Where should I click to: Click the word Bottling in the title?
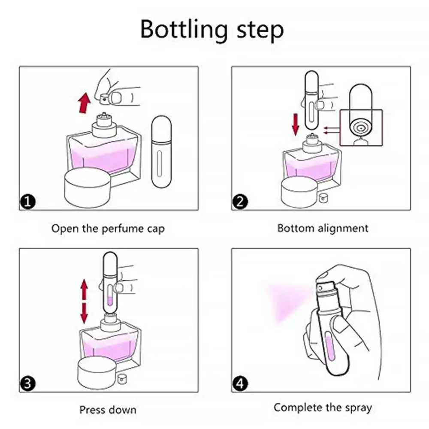pos(184,30)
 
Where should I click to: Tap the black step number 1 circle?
pos(27,202)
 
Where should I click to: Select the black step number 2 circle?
pos(240,202)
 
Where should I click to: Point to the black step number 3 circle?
pos(27,384)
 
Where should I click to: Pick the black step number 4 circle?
pos(240,384)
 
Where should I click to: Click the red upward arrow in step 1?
pos(85,103)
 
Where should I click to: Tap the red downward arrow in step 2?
pos(296,125)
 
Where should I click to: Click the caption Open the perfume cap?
pos(108,229)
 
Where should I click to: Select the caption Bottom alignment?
pos(323,228)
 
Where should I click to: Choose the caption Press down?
pos(108,410)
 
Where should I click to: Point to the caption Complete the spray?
pos(323,408)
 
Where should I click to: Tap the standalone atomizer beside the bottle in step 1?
pos(161,151)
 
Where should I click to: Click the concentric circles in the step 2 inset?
pos(361,127)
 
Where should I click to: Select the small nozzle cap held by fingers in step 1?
pos(105,99)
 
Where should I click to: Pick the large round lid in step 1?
pos(87,187)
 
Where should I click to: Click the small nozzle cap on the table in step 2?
pos(323,198)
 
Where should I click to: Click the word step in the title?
pos(260,30)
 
